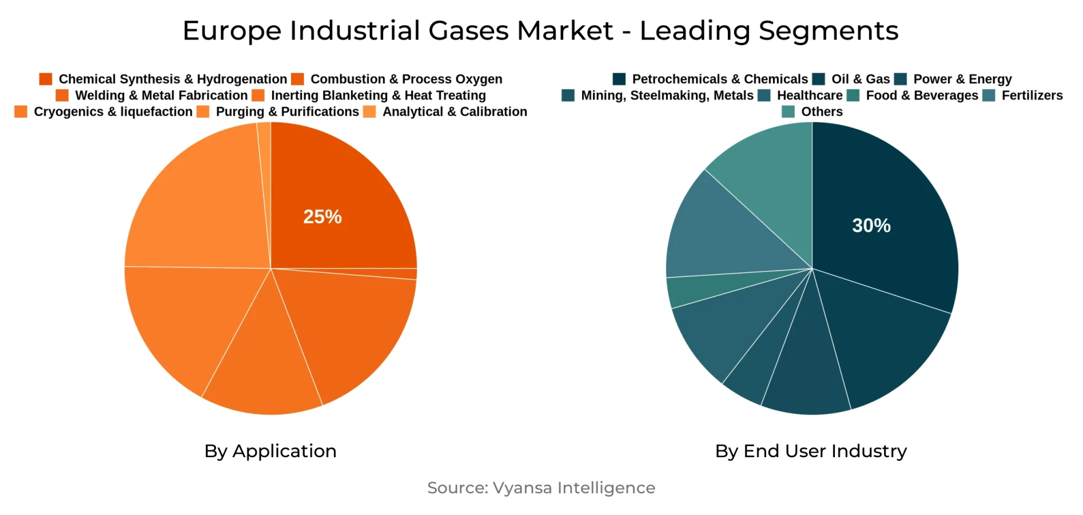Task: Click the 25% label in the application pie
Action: pyautogui.click(x=322, y=217)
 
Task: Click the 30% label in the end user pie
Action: pyautogui.click(x=871, y=225)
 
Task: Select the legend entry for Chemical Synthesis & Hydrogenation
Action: pyautogui.click(x=172, y=79)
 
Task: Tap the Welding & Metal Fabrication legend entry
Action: pyautogui.click(x=161, y=96)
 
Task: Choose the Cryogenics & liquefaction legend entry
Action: pyautogui.click(x=113, y=112)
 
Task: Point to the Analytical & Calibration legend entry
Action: pyautogui.click(x=454, y=112)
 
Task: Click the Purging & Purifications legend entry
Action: pyautogui.click(x=286, y=112)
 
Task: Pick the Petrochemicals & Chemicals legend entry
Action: pyautogui.click(x=719, y=79)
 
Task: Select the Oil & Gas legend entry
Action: pyautogui.click(x=860, y=79)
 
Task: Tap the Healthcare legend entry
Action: pyautogui.click(x=809, y=96)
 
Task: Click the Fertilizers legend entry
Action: pyautogui.click(x=1032, y=96)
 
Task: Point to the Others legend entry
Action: pyautogui.click(x=821, y=112)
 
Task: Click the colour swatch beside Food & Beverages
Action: pyautogui.click(x=853, y=96)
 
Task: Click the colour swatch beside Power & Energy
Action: pyautogui.click(x=901, y=79)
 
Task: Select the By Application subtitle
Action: pyautogui.click(x=270, y=451)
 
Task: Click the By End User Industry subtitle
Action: pyautogui.click(x=811, y=451)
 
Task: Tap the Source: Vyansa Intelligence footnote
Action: pyautogui.click(x=541, y=488)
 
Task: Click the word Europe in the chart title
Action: pyautogui.click(x=232, y=31)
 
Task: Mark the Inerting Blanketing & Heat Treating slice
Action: pyautogui.click(x=263, y=372)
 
